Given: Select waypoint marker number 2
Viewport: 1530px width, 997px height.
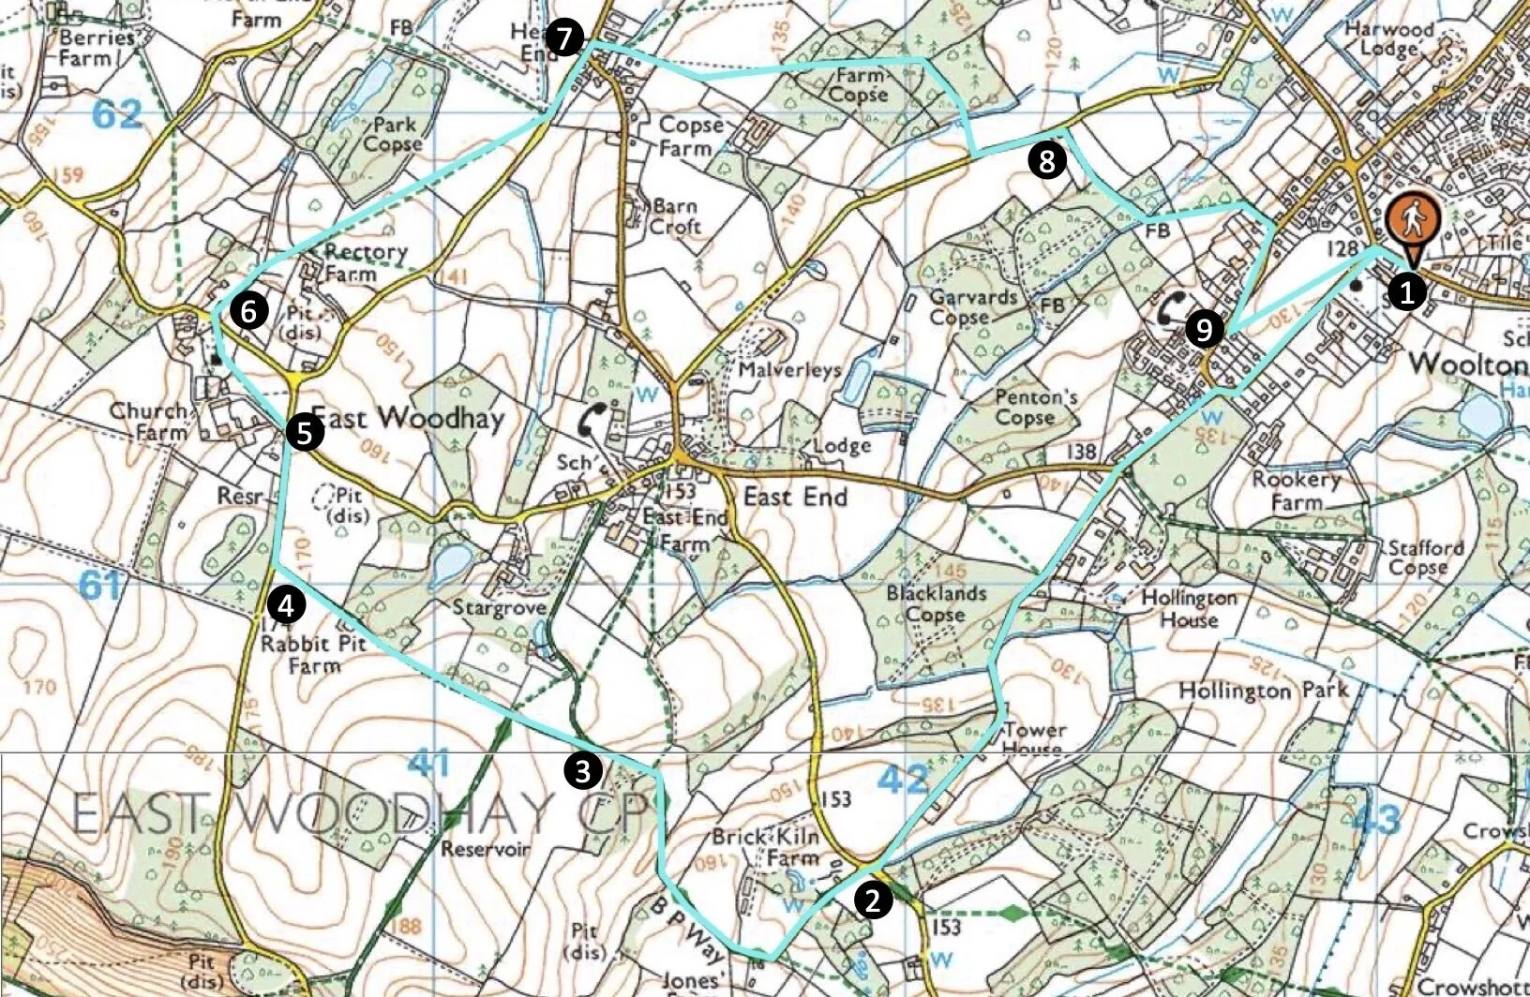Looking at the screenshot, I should click(873, 900).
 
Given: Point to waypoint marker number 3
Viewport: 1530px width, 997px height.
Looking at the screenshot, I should click(582, 771).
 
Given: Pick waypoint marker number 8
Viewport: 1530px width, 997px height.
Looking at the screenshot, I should click(1045, 161).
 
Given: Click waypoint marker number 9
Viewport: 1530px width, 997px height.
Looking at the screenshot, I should click(1203, 329).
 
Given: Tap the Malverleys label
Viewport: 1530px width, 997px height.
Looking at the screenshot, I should click(789, 370).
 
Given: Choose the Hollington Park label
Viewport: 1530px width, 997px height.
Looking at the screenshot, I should click(1262, 692).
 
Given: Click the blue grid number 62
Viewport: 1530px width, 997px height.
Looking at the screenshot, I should click(118, 114).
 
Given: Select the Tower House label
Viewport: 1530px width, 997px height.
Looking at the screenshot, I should click(1034, 738).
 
